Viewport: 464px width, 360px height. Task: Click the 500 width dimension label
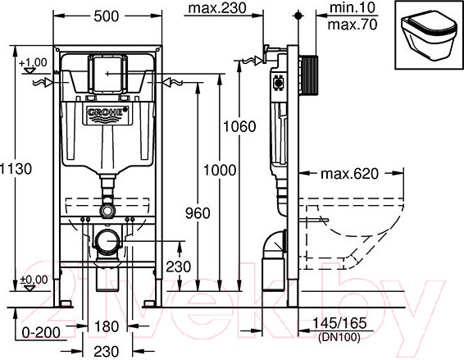(107, 16)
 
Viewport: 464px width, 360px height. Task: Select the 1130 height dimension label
(16, 169)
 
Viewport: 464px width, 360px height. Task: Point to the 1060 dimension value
(239, 127)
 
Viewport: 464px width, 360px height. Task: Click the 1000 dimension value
(220, 171)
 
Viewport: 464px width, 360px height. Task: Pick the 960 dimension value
(198, 213)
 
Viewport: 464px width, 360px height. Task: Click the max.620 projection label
(349, 174)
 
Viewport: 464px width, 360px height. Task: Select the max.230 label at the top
(217, 8)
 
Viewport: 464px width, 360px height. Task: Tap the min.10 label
(353, 7)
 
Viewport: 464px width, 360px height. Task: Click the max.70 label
(353, 25)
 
